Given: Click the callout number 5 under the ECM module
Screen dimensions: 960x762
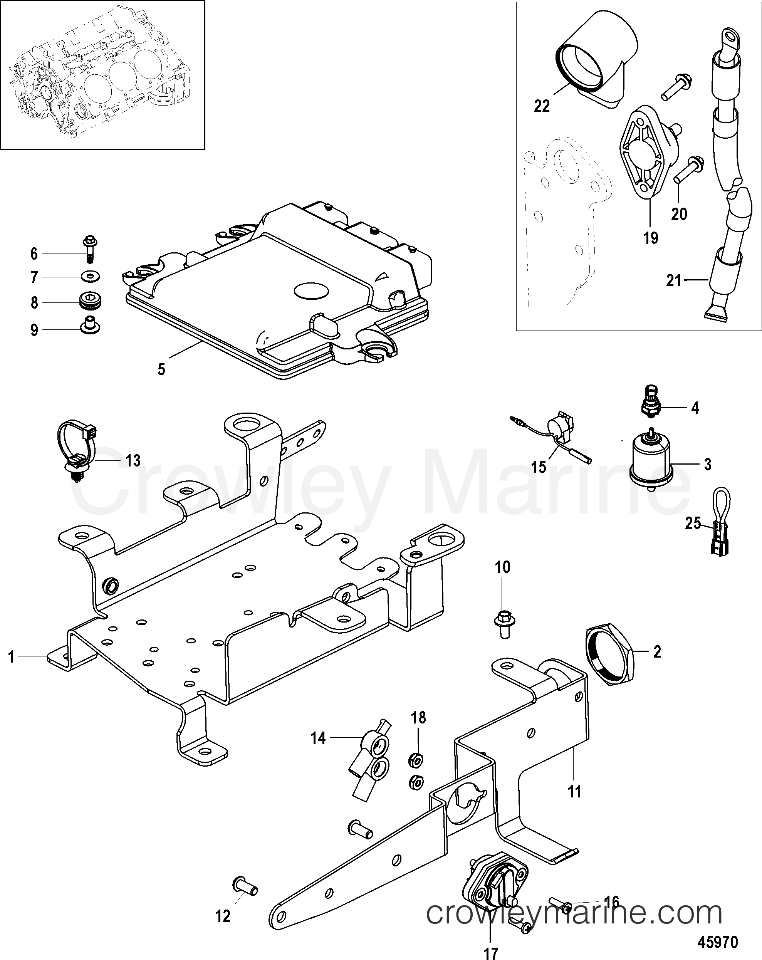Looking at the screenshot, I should tap(161, 369).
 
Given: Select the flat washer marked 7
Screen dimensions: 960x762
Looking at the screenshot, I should tap(91, 277).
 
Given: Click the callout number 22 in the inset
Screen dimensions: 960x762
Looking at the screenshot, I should tap(542, 106).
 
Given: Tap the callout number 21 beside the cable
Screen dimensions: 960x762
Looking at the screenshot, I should tap(673, 281).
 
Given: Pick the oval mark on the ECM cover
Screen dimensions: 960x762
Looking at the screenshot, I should tap(310, 290).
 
